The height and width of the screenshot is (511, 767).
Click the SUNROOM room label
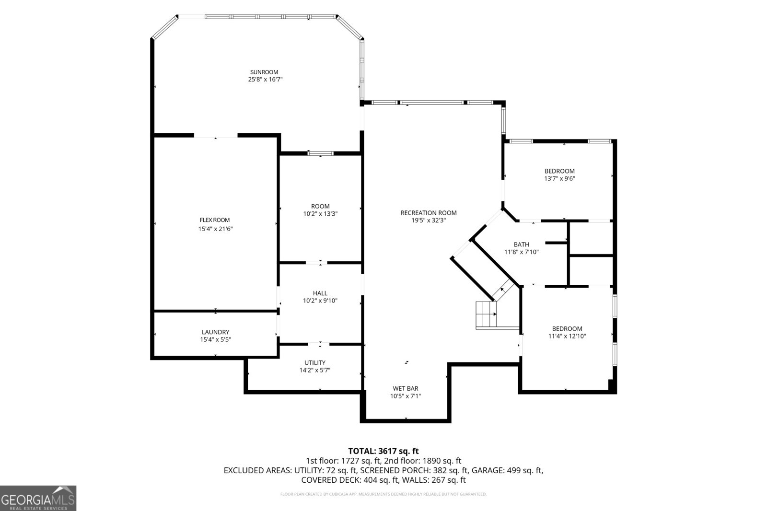coord(264,72)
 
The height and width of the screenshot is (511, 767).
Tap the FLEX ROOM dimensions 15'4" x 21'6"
coord(216,229)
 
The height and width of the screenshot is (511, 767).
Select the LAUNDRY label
coord(215,332)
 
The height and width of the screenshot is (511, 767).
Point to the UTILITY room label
coord(315,362)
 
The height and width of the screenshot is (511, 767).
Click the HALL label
coord(320,293)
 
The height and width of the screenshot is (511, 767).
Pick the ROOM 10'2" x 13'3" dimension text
coord(320,214)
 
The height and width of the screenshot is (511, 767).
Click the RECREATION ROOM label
coord(429,213)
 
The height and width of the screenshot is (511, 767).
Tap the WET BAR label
coord(406,388)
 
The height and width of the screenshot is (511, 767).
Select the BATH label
coord(522,244)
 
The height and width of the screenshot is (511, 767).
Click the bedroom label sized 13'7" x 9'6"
coord(559,171)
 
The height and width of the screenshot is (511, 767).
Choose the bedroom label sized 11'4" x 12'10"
coord(567,328)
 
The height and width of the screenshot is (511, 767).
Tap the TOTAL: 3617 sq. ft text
coord(383,451)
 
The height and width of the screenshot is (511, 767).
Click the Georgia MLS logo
coord(38,498)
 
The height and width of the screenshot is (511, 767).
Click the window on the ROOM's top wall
coord(320,153)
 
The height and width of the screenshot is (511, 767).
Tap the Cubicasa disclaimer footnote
coord(383,494)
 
